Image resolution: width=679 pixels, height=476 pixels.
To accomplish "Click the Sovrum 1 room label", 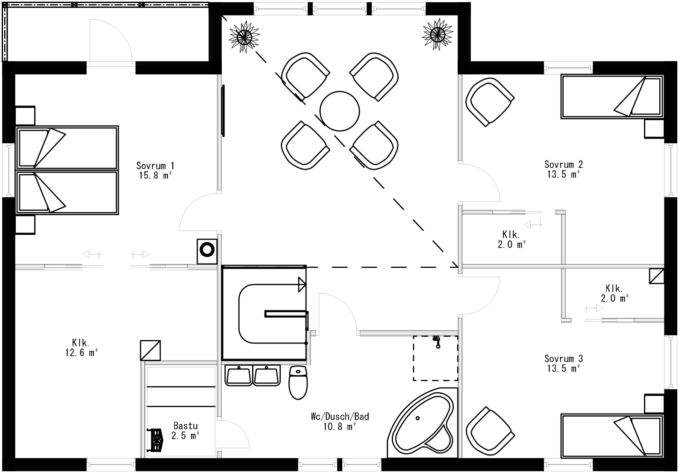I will (155, 166).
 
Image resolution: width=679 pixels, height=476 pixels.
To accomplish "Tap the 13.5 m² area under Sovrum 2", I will (563, 174).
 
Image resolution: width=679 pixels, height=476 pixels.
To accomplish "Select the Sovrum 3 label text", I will (563, 358).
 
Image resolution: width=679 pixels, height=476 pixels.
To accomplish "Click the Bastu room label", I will (185, 426).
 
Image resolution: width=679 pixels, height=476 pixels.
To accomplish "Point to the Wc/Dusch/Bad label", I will (340, 417).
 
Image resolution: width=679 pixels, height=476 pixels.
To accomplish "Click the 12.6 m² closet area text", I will (80, 353).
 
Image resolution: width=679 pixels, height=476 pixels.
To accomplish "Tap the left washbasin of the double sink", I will (239, 375).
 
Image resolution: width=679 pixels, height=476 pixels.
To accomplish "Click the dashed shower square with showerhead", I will (435, 358).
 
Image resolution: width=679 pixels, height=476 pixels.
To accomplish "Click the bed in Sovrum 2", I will (612, 97).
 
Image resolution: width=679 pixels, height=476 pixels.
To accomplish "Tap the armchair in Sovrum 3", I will (489, 431).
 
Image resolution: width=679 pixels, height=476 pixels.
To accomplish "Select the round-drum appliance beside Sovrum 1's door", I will (207, 251).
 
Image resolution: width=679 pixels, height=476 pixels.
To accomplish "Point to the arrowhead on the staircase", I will (302, 284).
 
